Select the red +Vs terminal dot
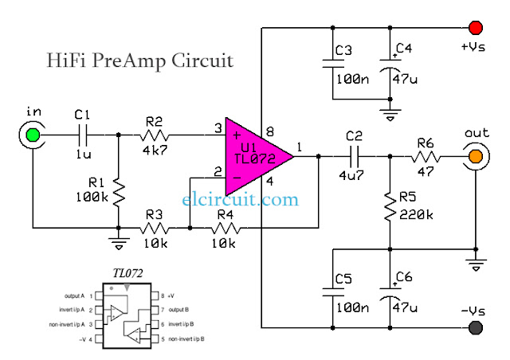[x=476, y=26]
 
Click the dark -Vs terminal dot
[x=476, y=327]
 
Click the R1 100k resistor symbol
[x=118, y=191]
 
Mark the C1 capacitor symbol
[x=83, y=135]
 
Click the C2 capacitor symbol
[x=354, y=156]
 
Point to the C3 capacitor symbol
[x=333, y=64]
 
